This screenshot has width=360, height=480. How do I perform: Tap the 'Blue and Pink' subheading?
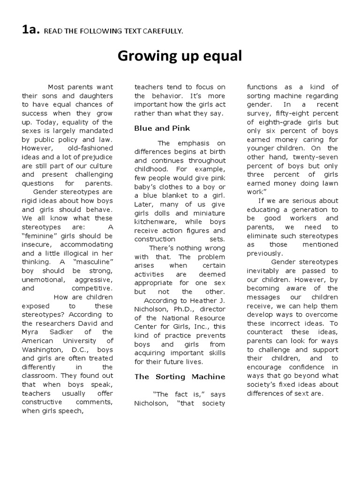click(x=162, y=128)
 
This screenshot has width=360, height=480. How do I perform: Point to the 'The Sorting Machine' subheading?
click(x=180, y=376)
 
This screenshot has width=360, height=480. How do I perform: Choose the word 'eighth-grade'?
click(x=277, y=122)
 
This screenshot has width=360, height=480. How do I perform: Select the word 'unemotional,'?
click(x=43, y=279)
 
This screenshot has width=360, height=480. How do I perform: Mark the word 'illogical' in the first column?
click(x=79, y=253)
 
